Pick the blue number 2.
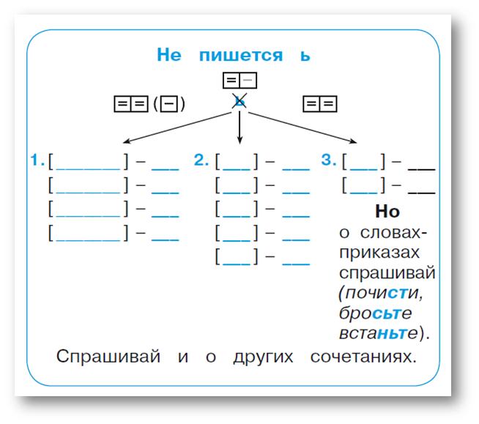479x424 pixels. [x=201, y=160]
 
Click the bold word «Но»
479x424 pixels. [x=387, y=212]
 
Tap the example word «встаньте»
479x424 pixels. [x=382, y=333]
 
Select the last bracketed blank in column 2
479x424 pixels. [x=237, y=258]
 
